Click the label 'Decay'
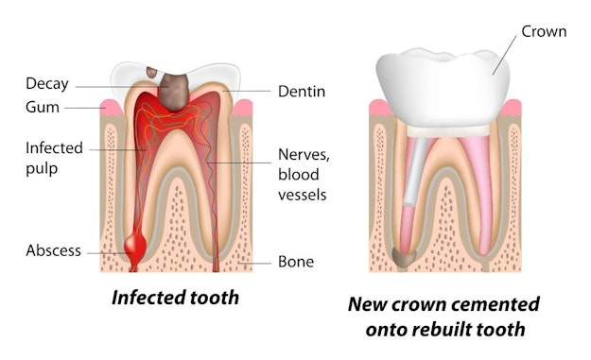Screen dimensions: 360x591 pos(46,84)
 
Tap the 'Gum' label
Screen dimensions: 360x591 pos(42,108)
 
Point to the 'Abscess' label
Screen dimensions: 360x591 pos(53,251)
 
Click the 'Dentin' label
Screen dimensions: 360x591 pos(302,92)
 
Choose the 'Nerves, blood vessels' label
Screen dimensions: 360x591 pos(302,174)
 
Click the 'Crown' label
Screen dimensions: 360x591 pos(544,31)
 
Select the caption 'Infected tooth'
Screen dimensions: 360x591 pos(175,298)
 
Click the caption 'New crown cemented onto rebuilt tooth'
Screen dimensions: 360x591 pos(443,317)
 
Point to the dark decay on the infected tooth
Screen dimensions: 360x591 pos(174,89)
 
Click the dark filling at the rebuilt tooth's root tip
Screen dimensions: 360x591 pos(404,254)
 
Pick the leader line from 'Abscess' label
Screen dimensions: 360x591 pos(104,251)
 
